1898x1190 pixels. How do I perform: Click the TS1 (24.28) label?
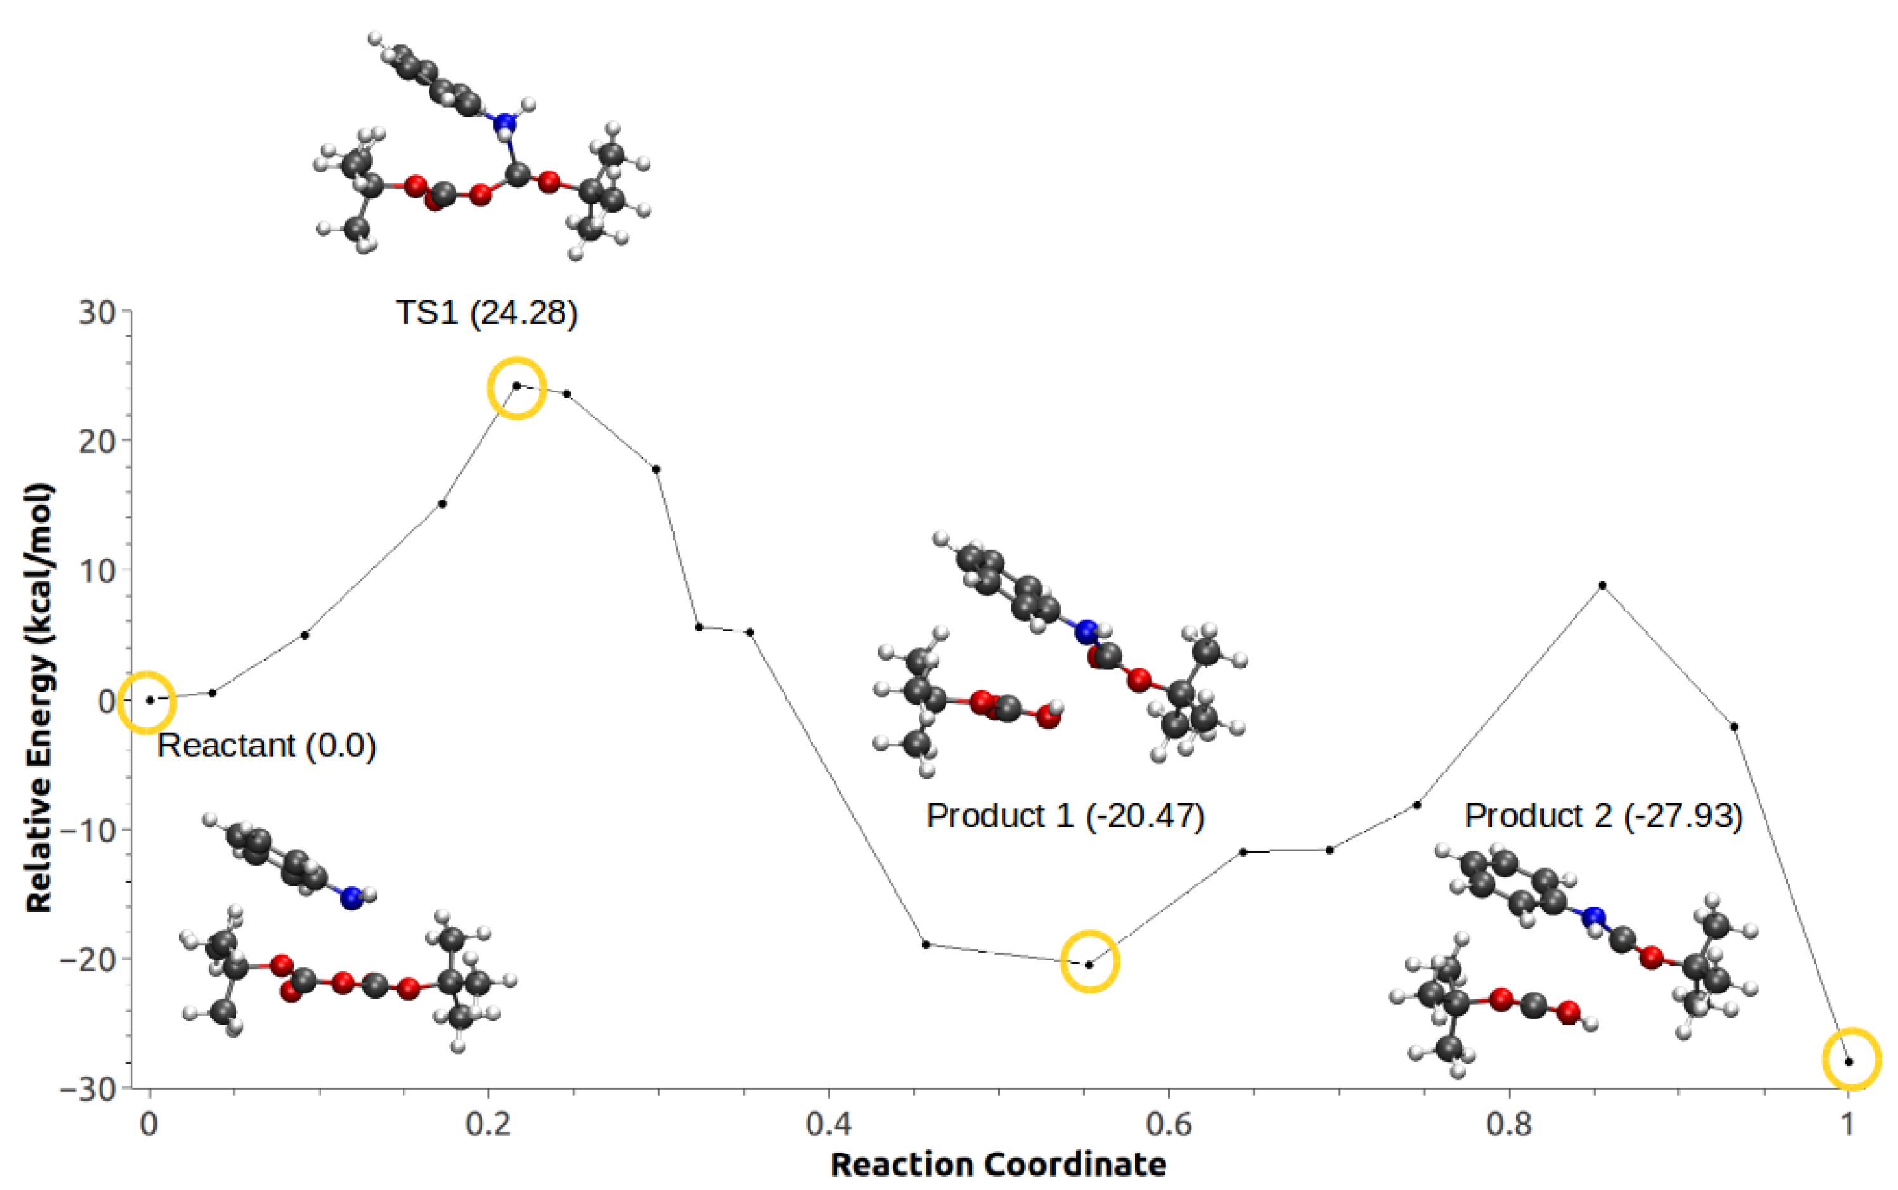(x=486, y=313)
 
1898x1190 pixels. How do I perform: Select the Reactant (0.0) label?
(x=267, y=746)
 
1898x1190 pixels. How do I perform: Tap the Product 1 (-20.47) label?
(x=1064, y=815)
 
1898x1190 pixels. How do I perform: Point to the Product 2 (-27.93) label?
(x=1603, y=815)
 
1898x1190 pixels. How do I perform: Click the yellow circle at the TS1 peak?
(x=516, y=387)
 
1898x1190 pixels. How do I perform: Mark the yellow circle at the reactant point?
(x=147, y=702)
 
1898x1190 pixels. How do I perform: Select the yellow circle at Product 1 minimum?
(x=1089, y=961)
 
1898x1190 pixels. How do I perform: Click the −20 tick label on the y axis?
(x=87, y=959)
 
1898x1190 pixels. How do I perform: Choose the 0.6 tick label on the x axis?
(x=1168, y=1124)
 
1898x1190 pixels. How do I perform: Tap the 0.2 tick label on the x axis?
(x=488, y=1124)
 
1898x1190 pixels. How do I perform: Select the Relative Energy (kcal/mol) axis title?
(x=39, y=697)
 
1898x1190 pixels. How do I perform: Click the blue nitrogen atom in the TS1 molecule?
(x=505, y=124)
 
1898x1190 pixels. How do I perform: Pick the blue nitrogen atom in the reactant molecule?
(x=351, y=898)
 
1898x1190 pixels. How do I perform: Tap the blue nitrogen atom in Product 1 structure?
(x=1087, y=631)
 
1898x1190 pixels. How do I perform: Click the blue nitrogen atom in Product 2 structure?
(x=1594, y=917)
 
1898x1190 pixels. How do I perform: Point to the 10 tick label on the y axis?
(x=97, y=571)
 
